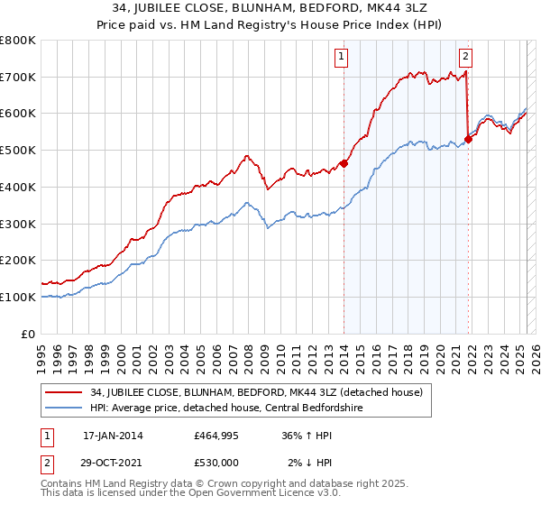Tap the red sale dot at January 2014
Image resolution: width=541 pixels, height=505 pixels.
point(344,163)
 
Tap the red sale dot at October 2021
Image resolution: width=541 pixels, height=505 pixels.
point(469,139)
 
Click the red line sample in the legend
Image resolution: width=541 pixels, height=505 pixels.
point(65,391)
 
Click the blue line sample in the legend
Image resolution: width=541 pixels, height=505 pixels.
point(65,408)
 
